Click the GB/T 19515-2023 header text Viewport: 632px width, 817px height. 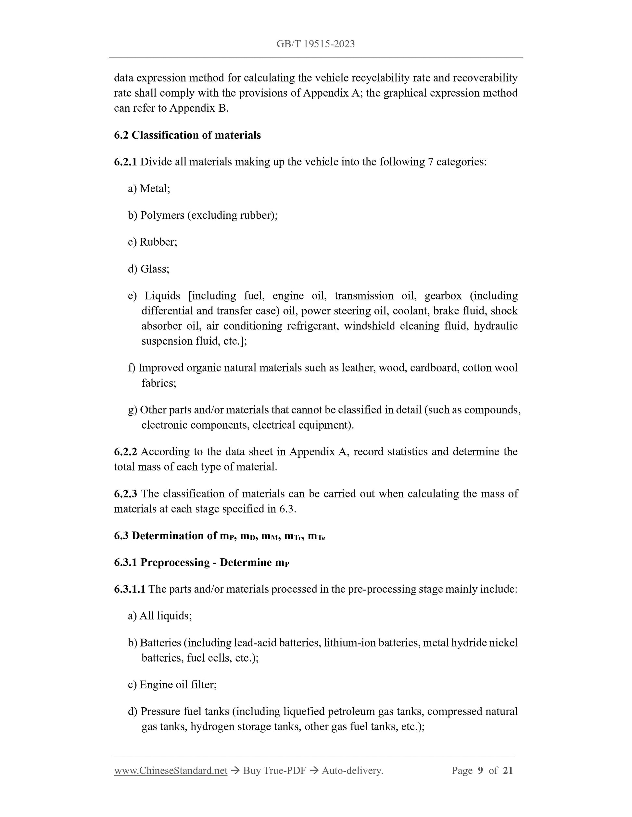click(x=315, y=44)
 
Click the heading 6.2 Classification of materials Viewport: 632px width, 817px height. click(x=187, y=135)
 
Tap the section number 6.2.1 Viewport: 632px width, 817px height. click(x=125, y=162)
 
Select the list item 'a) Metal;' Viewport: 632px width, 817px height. click(x=149, y=189)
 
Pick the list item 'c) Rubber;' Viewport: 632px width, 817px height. click(x=152, y=242)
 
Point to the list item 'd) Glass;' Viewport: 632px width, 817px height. click(x=148, y=269)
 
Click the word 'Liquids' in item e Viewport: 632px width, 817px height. click(x=162, y=296)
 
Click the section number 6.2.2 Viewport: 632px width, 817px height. click(x=125, y=452)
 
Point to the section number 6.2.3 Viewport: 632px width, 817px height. click(x=125, y=494)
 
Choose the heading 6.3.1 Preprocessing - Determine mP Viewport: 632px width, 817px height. click(x=201, y=563)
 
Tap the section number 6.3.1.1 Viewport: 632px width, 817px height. click(x=130, y=589)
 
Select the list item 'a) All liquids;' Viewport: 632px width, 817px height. click(x=159, y=616)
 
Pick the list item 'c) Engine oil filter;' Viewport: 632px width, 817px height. click(x=172, y=685)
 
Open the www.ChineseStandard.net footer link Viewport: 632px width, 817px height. click(x=171, y=771)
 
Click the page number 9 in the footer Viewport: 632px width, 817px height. click(x=480, y=771)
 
